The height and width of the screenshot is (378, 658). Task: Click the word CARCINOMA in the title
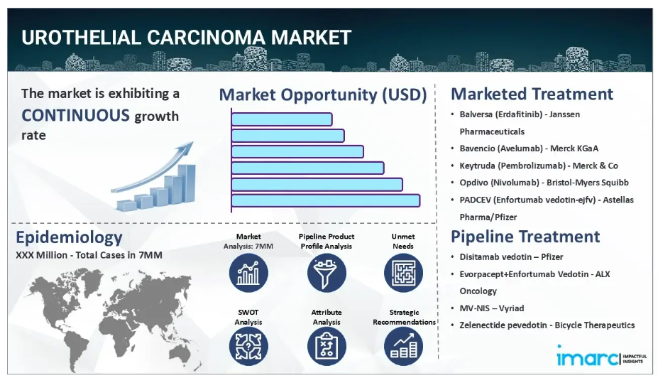207,38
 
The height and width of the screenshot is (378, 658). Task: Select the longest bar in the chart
326,200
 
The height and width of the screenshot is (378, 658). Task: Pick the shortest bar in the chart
282,119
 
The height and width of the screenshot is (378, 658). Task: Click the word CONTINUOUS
75,115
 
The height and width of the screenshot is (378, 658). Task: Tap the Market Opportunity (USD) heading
323,94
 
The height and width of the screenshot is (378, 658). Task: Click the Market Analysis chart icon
248,273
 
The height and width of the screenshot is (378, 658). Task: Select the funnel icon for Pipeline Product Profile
327,273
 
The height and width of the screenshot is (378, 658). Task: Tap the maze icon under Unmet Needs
403,273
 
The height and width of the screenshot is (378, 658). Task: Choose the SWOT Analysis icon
248,346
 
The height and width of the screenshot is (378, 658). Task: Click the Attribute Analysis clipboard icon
327,346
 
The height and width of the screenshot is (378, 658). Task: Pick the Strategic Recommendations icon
403,346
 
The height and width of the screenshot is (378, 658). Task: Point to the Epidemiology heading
70,237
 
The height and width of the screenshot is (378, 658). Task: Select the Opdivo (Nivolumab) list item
544,183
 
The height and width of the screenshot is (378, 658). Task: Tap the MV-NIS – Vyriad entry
492,308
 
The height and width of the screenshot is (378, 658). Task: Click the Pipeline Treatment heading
525,237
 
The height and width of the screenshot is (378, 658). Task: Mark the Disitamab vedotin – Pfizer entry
511,256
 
